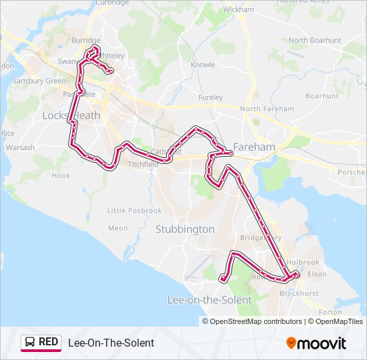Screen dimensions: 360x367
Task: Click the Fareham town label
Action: (255, 147)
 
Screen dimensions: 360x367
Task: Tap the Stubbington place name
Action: (185, 229)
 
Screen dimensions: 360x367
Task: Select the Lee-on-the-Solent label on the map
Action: (209, 300)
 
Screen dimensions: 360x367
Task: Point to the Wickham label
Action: (239, 10)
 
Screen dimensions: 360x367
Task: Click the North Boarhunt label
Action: (315, 40)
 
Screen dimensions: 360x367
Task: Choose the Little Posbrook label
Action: (135, 211)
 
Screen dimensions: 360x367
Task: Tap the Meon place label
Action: (117, 228)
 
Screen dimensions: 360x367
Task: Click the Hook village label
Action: (61, 176)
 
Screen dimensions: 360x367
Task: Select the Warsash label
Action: (19, 147)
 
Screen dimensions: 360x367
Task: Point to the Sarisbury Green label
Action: (39, 81)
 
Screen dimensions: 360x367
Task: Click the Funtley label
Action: (211, 97)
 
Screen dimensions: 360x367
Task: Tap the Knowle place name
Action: (203, 65)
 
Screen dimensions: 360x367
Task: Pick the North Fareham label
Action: (267, 109)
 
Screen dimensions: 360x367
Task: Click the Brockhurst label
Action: (299, 293)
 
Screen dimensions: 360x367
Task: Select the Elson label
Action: (318, 274)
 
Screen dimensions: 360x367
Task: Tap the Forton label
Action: (330, 312)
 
